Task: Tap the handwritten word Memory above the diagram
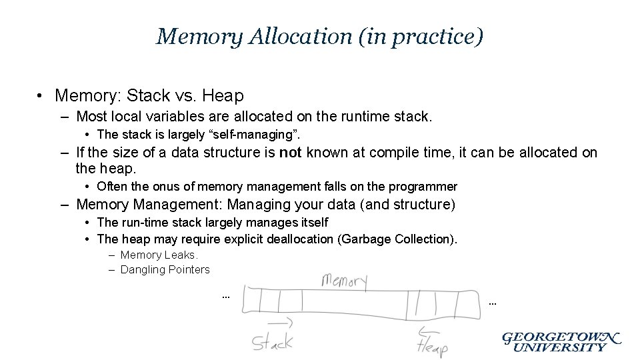coord(344,280)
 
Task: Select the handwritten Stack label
coord(272,343)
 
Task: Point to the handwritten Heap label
coord(432,345)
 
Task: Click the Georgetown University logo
coord(561,341)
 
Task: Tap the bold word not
coord(290,153)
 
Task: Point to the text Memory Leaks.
coord(159,255)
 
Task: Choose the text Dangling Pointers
coord(165,269)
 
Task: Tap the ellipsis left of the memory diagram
coord(225,295)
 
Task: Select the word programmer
coord(425,187)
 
